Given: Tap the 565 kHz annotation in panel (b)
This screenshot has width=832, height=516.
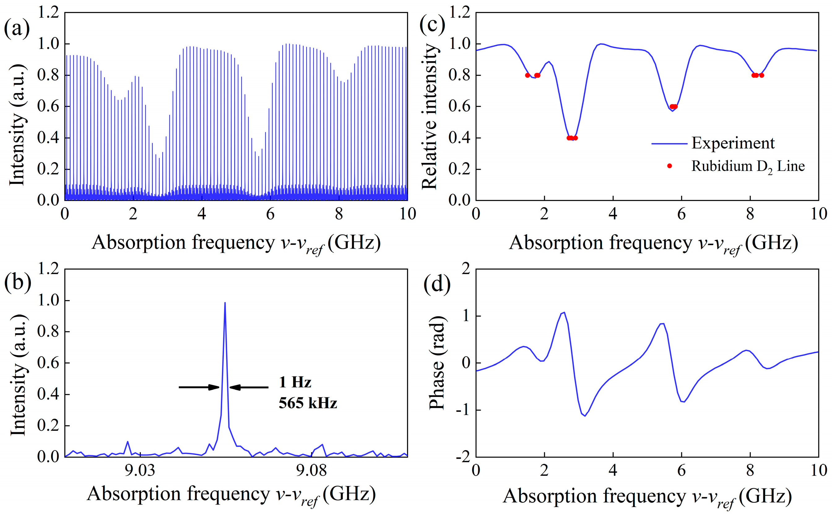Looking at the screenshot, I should click(x=308, y=403).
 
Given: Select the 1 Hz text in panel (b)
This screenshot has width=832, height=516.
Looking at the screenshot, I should click(x=295, y=382).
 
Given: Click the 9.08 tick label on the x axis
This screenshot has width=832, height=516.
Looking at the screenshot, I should click(x=311, y=471).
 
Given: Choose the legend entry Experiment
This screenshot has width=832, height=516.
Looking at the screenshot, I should click(x=733, y=143).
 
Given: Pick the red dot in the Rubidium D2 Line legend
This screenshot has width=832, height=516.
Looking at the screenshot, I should click(x=669, y=166).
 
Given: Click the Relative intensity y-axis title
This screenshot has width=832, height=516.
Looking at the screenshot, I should click(x=430, y=116).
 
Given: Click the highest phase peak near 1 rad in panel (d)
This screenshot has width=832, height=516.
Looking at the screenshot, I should click(x=563, y=312).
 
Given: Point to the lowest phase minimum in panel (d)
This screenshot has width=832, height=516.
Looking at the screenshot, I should click(x=585, y=416).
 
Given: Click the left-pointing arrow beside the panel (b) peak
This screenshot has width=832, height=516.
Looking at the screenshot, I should click(x=249, y=387).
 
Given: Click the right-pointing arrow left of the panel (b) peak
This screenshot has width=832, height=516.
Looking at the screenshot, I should click(x=199, y=387).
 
